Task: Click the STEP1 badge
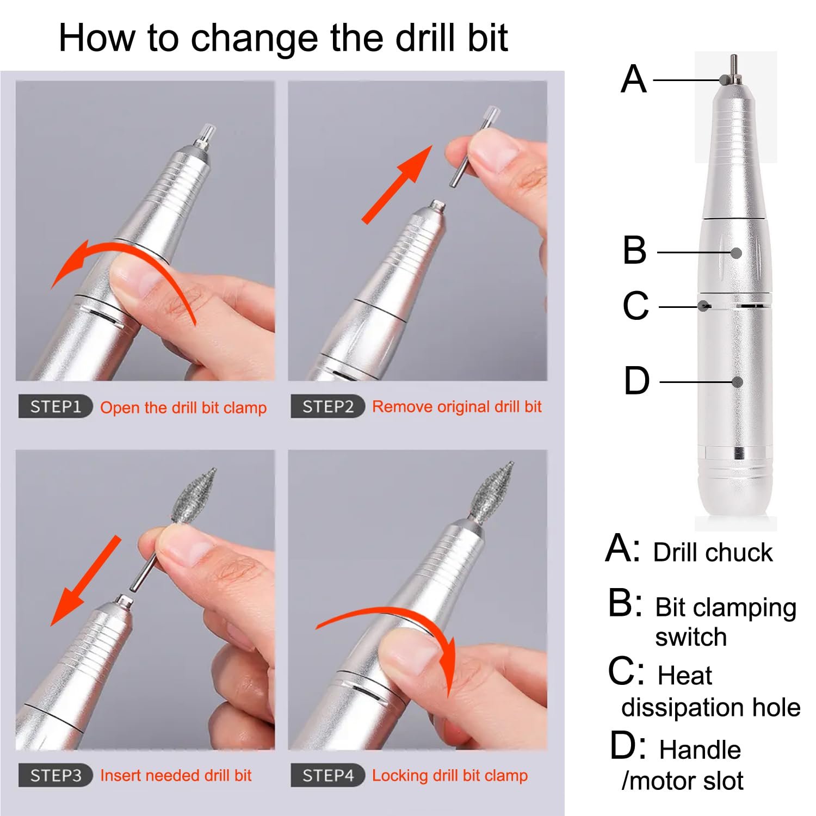(55, 407)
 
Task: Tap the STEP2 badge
(327, 406)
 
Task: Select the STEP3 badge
(55, 775)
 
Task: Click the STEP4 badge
(327, 775)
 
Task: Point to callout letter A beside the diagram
(634, 79)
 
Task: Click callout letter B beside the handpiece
(634, 250)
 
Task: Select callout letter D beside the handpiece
(636, 380)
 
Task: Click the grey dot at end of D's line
(737, 382)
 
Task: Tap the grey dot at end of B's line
(736, 252)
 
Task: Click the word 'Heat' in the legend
(684, 676)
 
